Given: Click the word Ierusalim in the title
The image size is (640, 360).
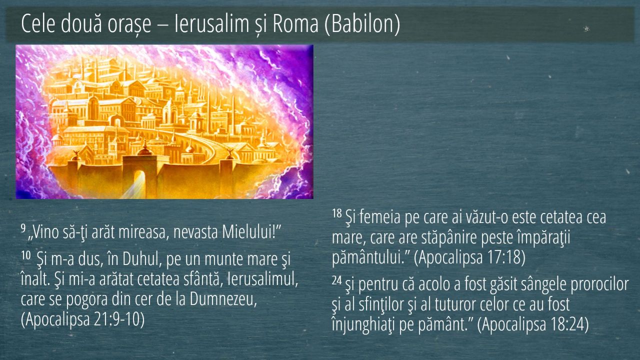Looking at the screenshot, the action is pyautogui.click(x=211, y=23).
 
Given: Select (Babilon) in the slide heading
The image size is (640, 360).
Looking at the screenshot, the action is pyautogui.click(x=362, y=24).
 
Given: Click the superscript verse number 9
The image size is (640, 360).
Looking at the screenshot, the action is pyautogui.click(x=23, y=227).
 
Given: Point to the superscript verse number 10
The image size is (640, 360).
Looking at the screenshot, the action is pyautogui.click(x=25, y=254).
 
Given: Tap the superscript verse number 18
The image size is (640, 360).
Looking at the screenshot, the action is pyautogui.click(x=337, y=213).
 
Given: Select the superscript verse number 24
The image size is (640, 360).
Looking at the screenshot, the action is pyautogui.click(x=337, y=280).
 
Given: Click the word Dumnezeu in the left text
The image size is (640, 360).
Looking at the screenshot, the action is pyautogui.click(x=223, y=299).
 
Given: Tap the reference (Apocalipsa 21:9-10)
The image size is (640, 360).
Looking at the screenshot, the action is pyautogui.click(x=82, y=319).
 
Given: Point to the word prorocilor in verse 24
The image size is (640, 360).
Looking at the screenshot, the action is pyautogui.click(x=599, y=284).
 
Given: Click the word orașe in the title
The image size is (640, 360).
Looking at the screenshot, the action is pyautogui.click(x=129, y=24).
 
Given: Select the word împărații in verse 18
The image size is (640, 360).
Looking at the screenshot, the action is pyautogui.click(x=543, y=237).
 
